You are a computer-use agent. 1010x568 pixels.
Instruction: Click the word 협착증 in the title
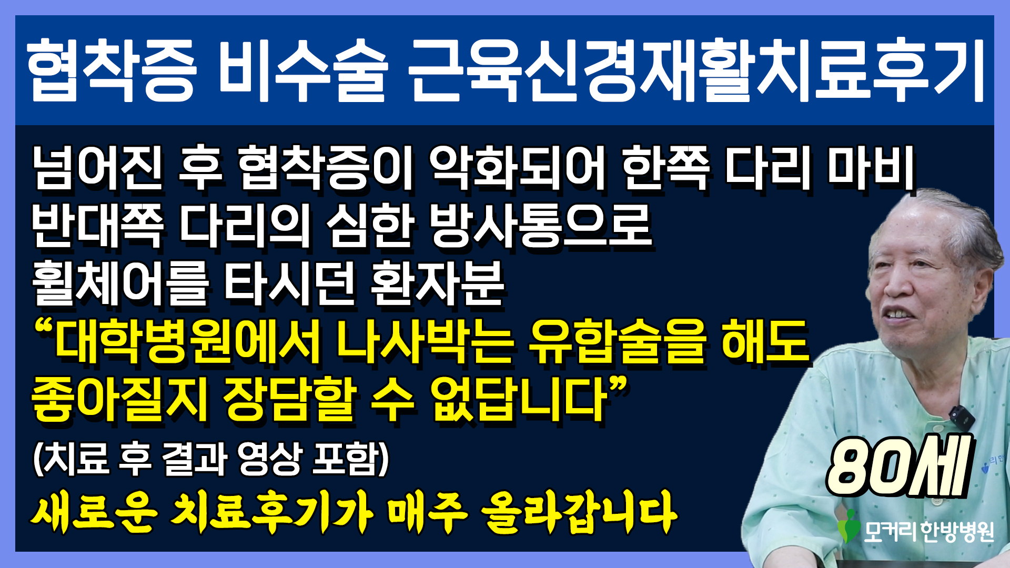tap(112, 70)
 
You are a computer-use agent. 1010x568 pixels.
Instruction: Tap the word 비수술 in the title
tap(305, 70)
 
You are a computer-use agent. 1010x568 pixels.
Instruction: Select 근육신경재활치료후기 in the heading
tap(698, 70)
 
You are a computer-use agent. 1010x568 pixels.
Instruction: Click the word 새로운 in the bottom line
tap(94, 512)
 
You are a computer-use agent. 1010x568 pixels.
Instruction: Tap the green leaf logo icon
tap(849, 527)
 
